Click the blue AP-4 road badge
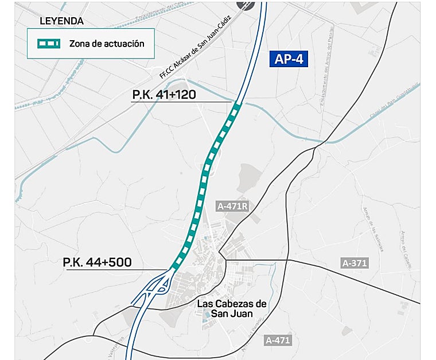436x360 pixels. [289, 60]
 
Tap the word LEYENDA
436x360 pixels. [61, 21]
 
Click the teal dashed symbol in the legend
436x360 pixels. [48, 43]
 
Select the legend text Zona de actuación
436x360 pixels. [106, 43]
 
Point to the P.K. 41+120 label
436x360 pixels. [164, 94]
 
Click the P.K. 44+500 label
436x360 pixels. [98, 262]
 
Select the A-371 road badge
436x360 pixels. [354, 263]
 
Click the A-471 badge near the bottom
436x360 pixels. [278, 340]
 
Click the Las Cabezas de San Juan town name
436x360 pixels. [232, 309]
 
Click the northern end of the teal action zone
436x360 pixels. [236, 104]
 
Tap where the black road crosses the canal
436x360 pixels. [325, 141]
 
